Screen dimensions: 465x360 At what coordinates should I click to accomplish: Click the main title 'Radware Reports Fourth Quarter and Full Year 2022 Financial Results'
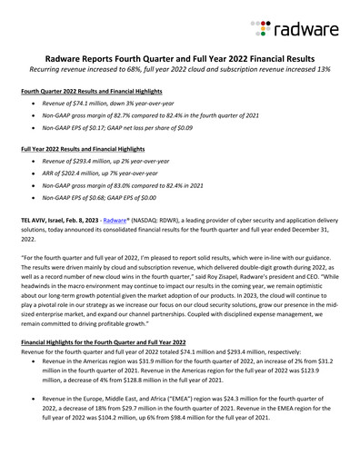180,55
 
